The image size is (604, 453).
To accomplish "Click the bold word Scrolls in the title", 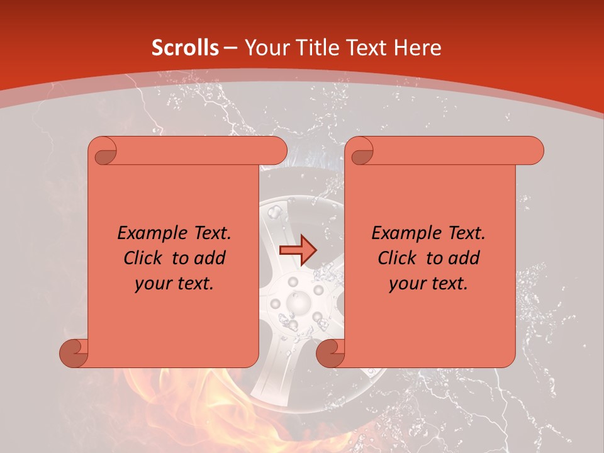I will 186,48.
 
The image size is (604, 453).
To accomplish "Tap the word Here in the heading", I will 417,48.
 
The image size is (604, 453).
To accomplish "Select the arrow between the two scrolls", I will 298,250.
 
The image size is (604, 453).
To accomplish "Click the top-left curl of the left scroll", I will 103,151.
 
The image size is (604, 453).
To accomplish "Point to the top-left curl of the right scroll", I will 361,151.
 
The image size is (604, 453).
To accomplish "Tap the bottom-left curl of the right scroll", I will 331,353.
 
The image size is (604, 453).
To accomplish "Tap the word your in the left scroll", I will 151,284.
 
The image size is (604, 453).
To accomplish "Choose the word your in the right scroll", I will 405,284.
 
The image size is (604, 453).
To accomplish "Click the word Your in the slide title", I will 263,48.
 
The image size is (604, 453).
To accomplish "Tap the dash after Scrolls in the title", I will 230,48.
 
